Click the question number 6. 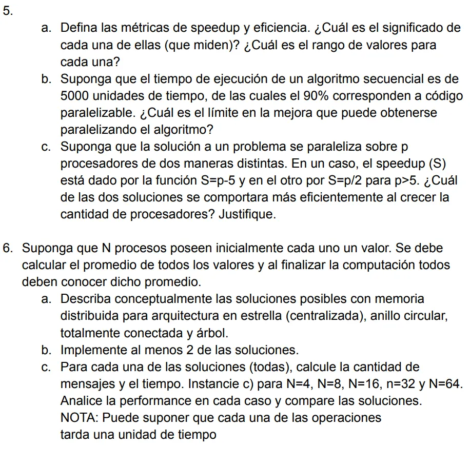tap(8, 249)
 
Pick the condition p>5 tap(407, 180)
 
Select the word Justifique tap(247, 214)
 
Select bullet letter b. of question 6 tap(48, 350)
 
